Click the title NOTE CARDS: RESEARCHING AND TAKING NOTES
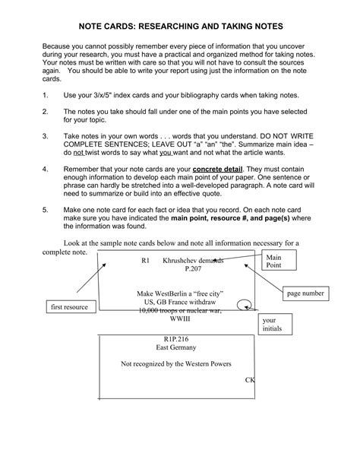pos(180,24)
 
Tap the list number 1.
pos(46,96)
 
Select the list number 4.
pos(46,168)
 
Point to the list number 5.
pos(46,208)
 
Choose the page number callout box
pos(305,293)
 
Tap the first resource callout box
pos(68,306)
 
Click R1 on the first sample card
pos(146,260)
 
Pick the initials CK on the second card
pos(250,379)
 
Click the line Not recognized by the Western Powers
pos(175,364)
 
